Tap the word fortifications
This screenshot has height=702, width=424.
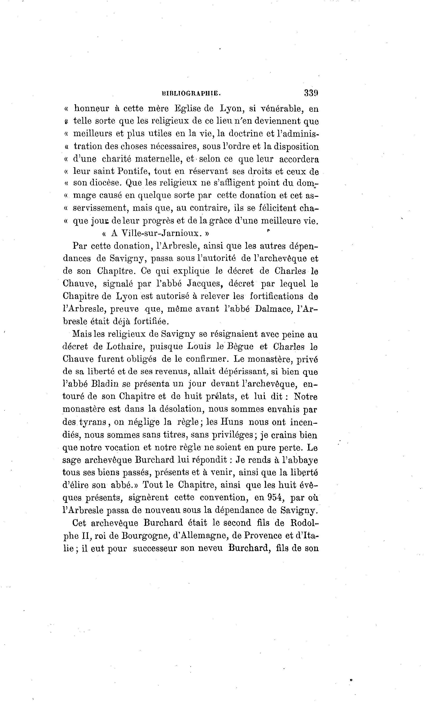(276, 296)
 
